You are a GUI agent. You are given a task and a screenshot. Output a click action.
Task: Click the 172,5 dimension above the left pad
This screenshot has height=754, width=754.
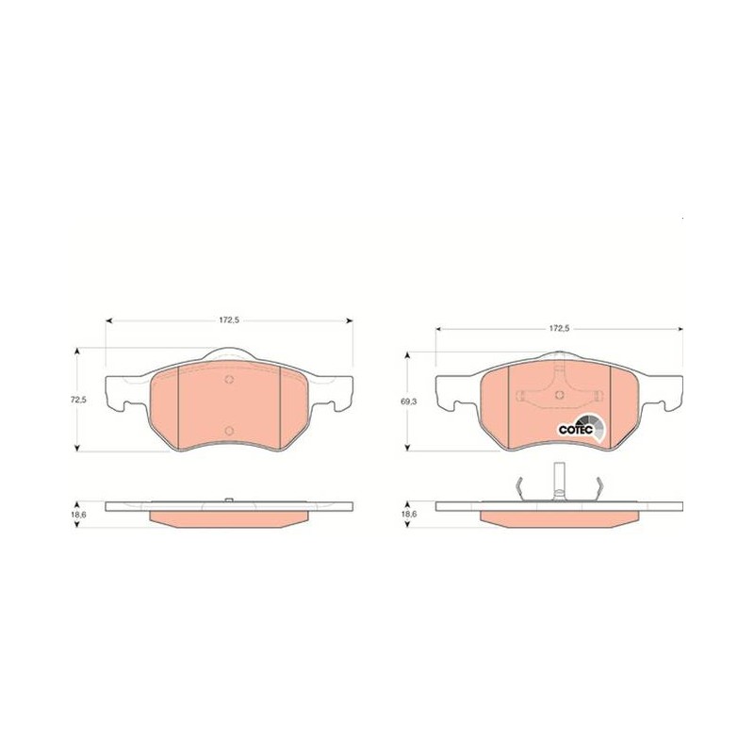pos(229,320)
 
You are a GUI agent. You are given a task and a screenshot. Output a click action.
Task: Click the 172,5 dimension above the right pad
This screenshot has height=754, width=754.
pos(560,329)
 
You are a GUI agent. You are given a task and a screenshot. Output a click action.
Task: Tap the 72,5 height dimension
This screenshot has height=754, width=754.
pos(78,400)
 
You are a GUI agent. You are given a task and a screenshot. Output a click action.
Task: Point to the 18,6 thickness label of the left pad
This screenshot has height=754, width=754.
pos(78,514)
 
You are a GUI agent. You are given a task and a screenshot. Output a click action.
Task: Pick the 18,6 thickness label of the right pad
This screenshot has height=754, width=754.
pos(409,514)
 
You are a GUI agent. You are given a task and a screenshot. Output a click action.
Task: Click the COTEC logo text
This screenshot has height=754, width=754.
pos(575,430)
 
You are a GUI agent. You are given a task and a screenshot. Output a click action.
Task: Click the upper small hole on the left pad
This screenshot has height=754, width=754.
pos(229,380)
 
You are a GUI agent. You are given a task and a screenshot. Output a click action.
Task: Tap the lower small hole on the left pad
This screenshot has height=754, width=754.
pos(229,431)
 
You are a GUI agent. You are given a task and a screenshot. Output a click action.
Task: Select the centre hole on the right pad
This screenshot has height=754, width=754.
pos(559,395)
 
